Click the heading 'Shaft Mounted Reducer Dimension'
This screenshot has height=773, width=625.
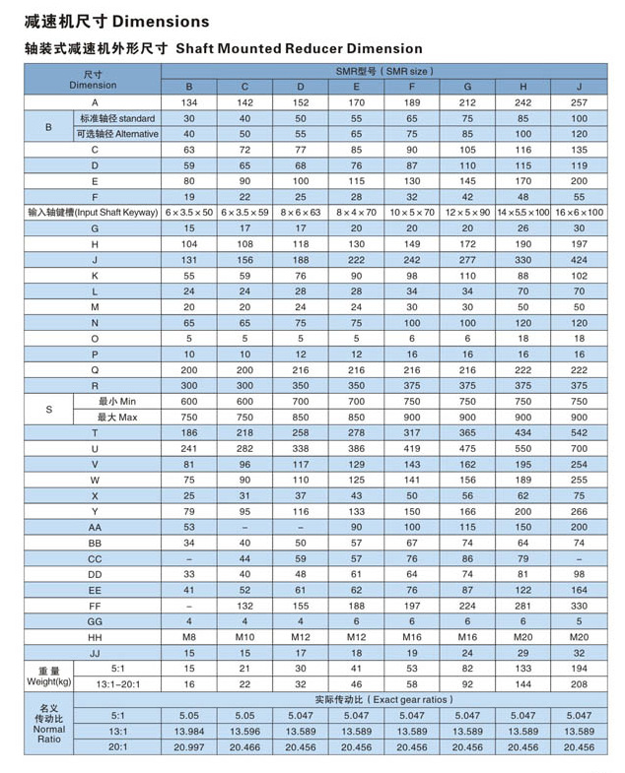[299, 48]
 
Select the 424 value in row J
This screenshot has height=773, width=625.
[579, 259]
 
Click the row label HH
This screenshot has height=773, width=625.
[95, 636]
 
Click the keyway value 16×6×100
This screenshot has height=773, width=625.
[579, 213]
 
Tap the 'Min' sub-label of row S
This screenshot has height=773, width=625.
[116, 402]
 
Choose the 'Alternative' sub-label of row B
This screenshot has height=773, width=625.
[116, 134]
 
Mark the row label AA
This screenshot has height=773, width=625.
[95, 527]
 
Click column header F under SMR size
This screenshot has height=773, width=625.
[411, 87]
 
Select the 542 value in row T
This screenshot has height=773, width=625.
[579, 432]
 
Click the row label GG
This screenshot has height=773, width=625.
[95, 620]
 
